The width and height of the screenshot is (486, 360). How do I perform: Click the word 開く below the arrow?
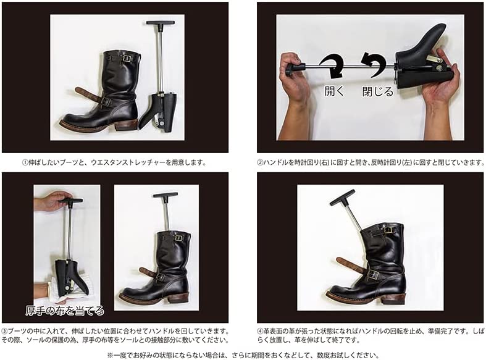[334, 91]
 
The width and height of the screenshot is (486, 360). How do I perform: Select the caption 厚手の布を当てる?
[65, 311]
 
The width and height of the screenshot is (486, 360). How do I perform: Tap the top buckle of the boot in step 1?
[126, 59]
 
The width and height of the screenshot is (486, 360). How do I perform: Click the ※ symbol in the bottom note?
[111, 355]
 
